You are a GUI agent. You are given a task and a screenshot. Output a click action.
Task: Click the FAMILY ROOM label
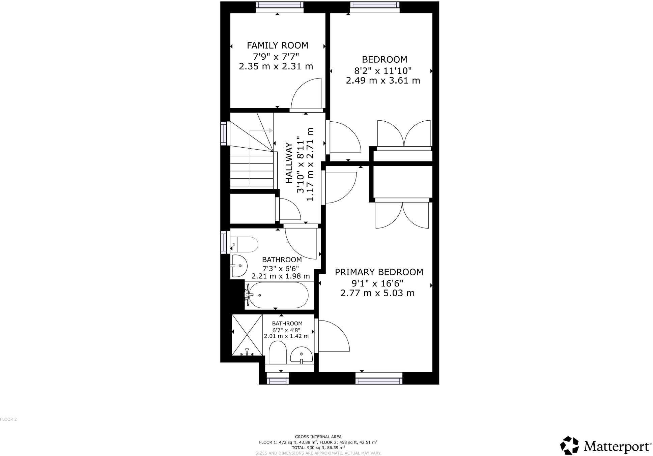click(277, 45)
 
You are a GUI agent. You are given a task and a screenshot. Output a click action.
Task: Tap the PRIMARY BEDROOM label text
click(379, 272)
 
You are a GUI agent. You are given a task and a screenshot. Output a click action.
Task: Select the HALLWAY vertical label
click(289, 163)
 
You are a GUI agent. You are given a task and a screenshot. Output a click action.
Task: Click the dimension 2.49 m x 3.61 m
click(383, 81)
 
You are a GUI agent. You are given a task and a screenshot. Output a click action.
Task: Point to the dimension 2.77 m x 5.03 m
click(377, 293)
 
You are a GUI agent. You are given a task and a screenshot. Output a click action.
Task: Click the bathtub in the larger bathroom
click(276, 295)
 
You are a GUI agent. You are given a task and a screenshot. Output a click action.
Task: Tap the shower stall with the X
click(247, 335)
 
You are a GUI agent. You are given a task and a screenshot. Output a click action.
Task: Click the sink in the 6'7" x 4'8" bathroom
click(302, 356)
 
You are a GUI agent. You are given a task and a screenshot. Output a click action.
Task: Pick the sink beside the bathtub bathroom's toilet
click(239, 266)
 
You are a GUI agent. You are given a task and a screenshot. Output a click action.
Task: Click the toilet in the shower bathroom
click(278, 353)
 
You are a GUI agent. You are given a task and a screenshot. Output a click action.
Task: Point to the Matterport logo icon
click(570, 446)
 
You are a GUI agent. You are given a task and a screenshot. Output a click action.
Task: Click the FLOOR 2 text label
click(8, 419)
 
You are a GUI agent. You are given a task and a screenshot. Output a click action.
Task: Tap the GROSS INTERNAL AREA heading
click(318, 437)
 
